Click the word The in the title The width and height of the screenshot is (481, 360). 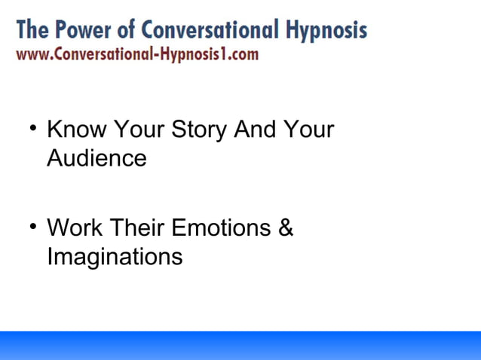pos(33,30)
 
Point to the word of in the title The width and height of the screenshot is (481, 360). pos(130,30)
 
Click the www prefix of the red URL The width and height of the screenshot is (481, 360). pos(32,54)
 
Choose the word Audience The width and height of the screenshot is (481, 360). pos(97,159)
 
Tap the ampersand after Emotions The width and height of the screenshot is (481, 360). pos(286,227)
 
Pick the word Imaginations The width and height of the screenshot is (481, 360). pos(115,257)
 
